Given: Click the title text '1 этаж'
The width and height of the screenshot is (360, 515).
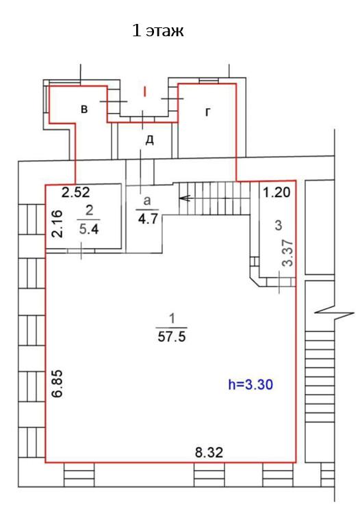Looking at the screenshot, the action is (157, 31).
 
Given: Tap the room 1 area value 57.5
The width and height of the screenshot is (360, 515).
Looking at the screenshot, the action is (172, 336).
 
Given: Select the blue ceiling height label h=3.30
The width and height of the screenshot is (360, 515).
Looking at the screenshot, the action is (250, 384).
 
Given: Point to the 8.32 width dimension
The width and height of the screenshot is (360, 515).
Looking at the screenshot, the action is (209, 452).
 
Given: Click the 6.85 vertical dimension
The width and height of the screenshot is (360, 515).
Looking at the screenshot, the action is (57, 384).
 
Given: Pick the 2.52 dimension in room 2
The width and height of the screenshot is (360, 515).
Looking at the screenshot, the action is (76, 192).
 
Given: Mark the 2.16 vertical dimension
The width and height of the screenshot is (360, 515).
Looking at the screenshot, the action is (57, 224).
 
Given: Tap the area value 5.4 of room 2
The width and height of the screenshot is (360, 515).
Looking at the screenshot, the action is (89, 229).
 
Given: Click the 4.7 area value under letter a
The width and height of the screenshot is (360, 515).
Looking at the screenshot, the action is (148, 218).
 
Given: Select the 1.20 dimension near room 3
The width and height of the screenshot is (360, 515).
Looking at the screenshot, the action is (277, 192).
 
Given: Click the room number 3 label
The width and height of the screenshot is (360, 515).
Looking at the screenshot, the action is (278, 225).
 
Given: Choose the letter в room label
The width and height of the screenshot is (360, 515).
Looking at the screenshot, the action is (84, 109).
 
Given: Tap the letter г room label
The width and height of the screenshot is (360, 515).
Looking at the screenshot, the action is (208, 112).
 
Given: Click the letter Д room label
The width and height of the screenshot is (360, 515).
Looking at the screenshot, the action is (150, 141).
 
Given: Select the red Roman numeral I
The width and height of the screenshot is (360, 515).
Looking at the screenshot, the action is (144, 92).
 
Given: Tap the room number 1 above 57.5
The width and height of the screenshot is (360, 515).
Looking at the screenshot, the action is (172, 319).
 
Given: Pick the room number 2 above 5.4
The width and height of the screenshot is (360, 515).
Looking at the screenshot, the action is (89, 211).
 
